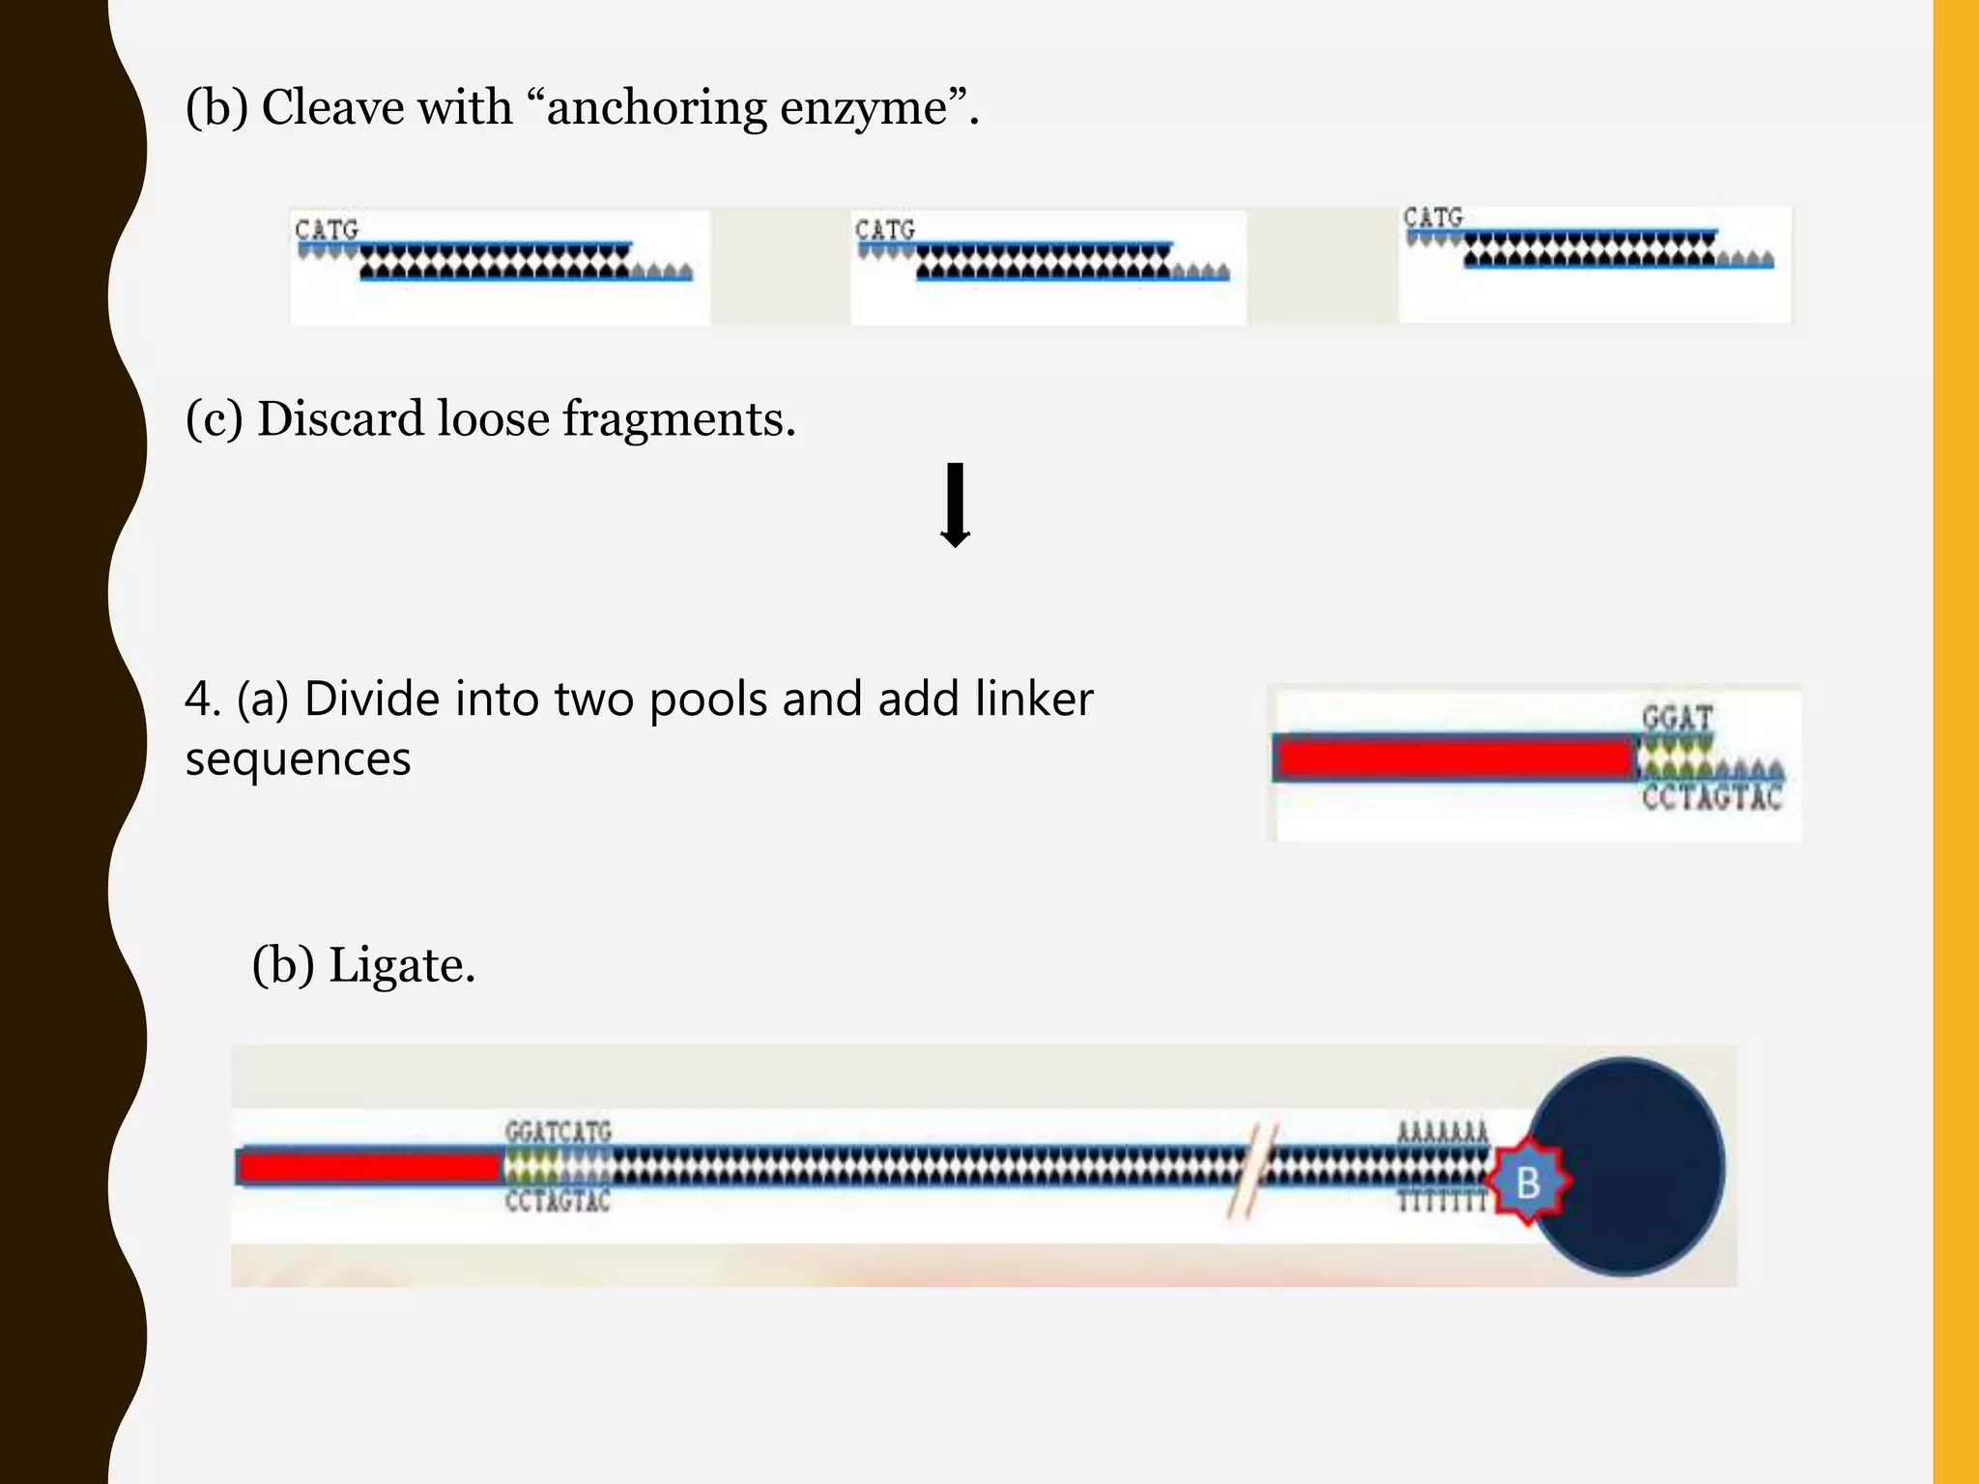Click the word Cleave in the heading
338,106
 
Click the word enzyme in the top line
863,108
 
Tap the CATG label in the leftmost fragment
327,230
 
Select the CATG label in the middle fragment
884,230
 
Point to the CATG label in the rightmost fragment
1433,217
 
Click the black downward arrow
956,505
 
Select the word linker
1033,699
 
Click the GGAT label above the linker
1677,718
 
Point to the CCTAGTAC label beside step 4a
1711,798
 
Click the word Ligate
401,965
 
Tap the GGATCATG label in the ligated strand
559,1131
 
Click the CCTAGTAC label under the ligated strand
558,1201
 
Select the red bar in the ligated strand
368,1167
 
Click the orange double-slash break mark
1253,1171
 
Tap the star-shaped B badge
1528,1182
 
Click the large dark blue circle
1643,1164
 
